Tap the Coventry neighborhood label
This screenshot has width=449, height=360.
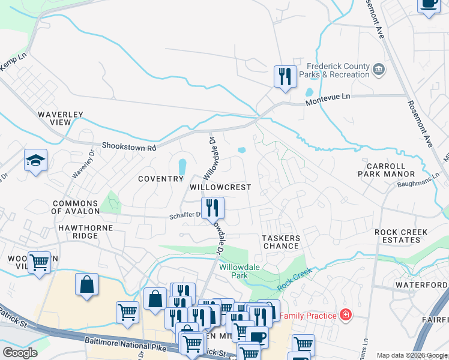(160, 179)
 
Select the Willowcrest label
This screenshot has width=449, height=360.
(220, 187)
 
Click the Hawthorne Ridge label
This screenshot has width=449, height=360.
(78, 232)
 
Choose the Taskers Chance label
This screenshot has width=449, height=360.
(281, 242)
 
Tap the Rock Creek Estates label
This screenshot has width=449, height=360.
(401, 236)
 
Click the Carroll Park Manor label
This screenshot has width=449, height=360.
(390, 169)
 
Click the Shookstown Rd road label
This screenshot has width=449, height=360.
(128, 146)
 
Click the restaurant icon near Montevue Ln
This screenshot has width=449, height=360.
(284, 76)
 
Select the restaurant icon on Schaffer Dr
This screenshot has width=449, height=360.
(212, 208)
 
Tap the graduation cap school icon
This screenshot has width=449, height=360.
(35, 160)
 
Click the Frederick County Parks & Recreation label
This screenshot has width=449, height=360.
(338, 71)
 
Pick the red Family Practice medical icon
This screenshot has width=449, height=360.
(345, 314)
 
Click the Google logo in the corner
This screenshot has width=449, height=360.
(20, 353)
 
